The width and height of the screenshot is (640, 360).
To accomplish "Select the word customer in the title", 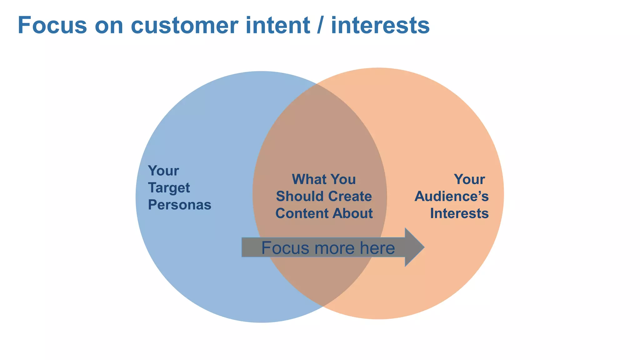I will (x=187, y=25).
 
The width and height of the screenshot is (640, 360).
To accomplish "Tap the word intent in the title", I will (x=278, y=25).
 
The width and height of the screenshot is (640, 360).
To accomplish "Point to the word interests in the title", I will (x=380, y=25).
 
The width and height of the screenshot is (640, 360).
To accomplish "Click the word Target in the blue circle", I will (x=169, y=188).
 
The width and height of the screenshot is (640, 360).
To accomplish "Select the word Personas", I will (x=179, y=205).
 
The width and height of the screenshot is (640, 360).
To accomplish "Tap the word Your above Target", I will (x=163, y=171).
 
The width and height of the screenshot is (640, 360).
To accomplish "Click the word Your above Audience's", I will (x=469, y=179).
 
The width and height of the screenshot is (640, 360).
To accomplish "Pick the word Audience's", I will (x=451, y=197).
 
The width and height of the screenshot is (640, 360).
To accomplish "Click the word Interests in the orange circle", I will (x=459, y=213).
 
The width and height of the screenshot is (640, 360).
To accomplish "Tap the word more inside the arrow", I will (x=335, y=248).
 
